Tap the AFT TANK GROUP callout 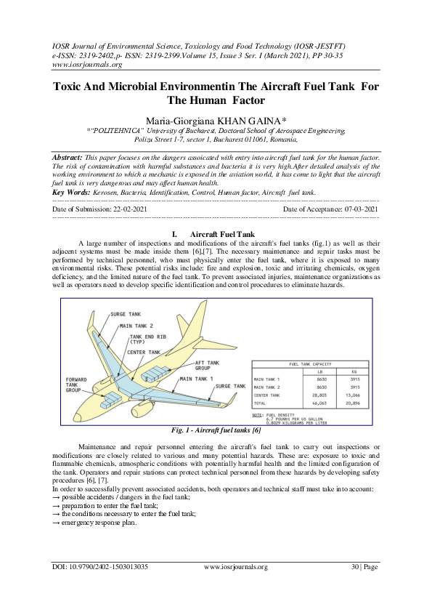pos(208,365)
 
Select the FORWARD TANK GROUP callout pos(78,384)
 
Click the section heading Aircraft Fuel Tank pos(221,233)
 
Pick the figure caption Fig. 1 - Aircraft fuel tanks pos(216,430)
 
